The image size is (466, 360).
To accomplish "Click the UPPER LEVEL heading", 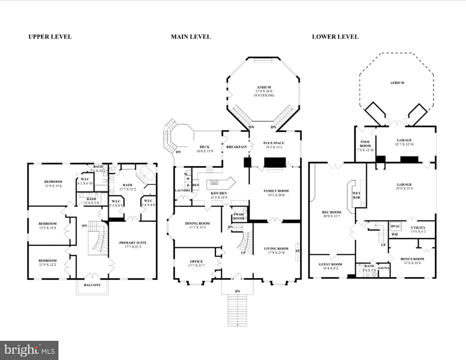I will pos(50,37).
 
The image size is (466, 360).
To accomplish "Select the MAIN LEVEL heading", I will pos(191,37).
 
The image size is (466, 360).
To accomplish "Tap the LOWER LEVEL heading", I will pos(335,37).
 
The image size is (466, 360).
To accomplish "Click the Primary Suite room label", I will pos(133,243).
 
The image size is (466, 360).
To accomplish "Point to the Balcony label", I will pos(92,285).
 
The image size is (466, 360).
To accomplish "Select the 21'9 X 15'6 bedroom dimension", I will pos(53,186).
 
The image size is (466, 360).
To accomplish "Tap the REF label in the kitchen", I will pos(195,185).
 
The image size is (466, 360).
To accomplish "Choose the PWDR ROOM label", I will pos(239,217).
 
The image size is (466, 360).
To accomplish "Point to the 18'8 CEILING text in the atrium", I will pos(264,95).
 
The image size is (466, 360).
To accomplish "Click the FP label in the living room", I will pos(297,251).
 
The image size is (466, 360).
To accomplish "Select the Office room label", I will pos(196,261).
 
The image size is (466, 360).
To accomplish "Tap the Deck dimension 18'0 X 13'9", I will pos(204,151).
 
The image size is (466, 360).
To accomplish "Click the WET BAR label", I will pos(356,195).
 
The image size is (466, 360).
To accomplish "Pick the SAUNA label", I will pos(384,268).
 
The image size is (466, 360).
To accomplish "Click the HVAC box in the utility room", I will pos(395,226).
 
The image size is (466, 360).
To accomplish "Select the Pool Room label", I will pos(365,144).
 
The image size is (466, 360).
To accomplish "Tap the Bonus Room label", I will pos(412,259).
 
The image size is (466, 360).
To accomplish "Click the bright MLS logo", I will pos(29,350).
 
